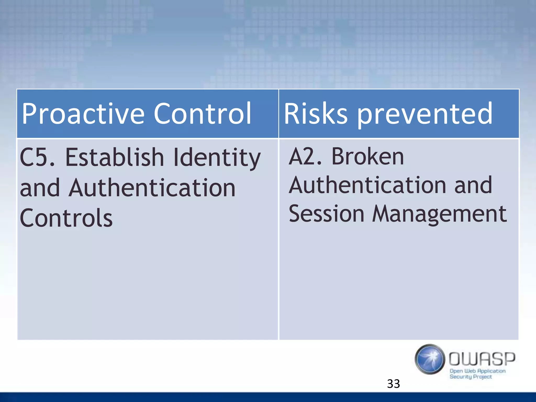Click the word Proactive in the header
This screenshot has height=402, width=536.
(83, 114)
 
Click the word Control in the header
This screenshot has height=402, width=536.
(202, 114)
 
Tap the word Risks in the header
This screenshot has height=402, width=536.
(315, 114)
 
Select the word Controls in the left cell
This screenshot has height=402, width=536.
(66, 218)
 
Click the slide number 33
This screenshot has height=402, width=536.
(393, 384)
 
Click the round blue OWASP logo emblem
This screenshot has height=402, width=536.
(430, 359)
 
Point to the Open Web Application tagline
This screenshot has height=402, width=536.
(477, 371)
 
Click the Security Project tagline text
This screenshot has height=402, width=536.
(471, 377)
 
